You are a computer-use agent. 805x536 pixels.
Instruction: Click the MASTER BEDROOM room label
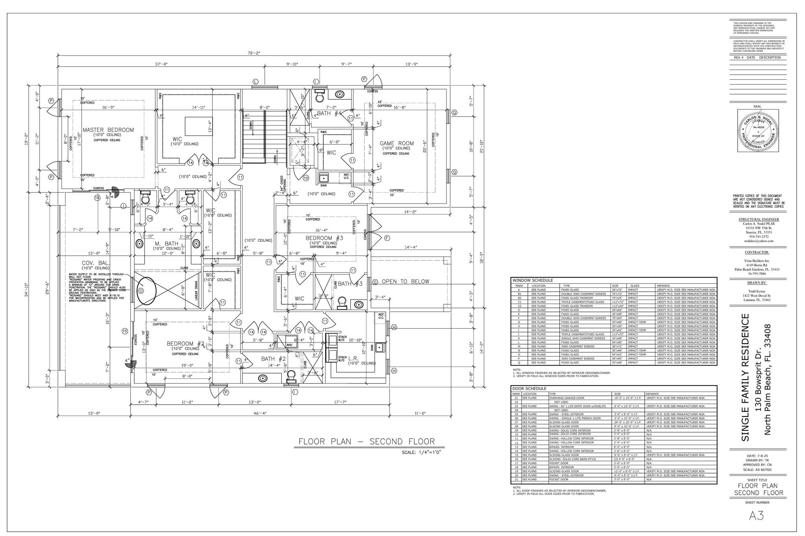(108, 130)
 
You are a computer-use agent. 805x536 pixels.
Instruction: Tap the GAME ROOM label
(397, 143)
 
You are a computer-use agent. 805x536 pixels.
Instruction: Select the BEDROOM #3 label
(324, 238)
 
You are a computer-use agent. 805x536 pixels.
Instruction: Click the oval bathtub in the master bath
(145, 291)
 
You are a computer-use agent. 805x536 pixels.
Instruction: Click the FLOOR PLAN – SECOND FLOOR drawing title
(366, 441)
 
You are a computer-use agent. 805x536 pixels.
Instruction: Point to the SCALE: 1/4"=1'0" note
(421, 452)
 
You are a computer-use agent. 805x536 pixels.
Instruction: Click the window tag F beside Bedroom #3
(387, 238)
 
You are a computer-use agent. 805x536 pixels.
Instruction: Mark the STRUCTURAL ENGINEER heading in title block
(759, 220)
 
